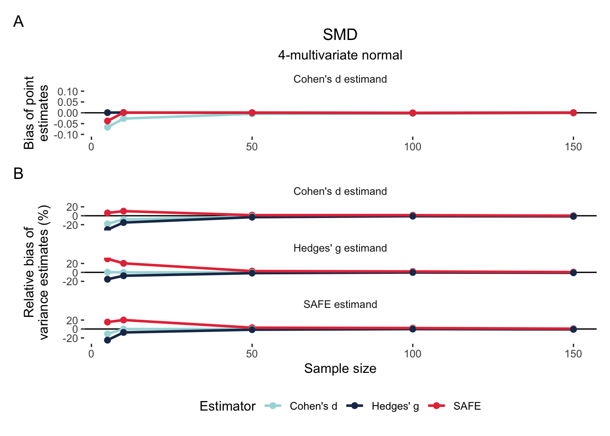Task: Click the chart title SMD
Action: point(340,35)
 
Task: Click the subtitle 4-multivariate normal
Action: point(340,55)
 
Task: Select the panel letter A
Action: point(19,21)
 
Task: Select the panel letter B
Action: point(19,173)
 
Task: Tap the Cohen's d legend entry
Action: point(313,406)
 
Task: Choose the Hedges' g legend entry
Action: point(395,406)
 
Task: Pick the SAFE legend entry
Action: point(467,406)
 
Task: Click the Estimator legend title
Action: point(227,406)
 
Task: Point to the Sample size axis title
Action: point(340,368)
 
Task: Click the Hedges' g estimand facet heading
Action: point(340,248)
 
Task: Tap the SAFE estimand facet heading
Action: point(340,304)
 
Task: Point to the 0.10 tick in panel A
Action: point(68,92)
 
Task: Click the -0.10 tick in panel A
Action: point(66,135)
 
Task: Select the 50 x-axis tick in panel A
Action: point(252,147)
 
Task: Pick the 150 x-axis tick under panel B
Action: point(573,354)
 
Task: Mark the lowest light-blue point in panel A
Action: point(108,127)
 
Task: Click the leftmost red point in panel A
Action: point(108,121)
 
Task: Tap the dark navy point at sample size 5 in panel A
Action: point(108,113)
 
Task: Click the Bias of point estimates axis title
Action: point(36,113)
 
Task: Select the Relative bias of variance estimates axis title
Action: point(36,272)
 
